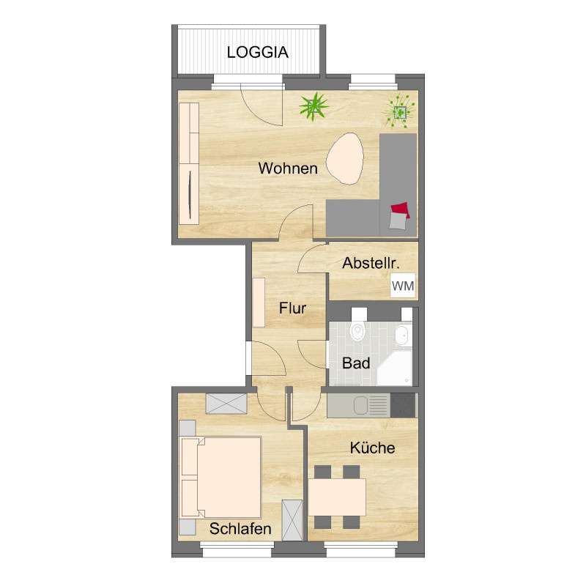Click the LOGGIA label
click(x=257, y=52)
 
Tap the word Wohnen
click(x=288, y=168)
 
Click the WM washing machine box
click(x=403, y=286)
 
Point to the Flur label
click(x=292, y=308)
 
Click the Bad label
click(x=356, y=363)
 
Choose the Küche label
click(x=372, y=448)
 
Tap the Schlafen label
click(x=240, y=528)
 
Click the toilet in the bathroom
click(x=357, y=331)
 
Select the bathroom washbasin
click(x=401, y=336)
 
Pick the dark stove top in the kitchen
click(x=402, y=404)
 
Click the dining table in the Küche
click(x=337, y=497)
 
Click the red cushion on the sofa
click(x=400, y=210)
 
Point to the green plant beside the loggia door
click(x=314, y=107)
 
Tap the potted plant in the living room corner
click(x=399, y=111)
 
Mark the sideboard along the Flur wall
click(x=259, y=302)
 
